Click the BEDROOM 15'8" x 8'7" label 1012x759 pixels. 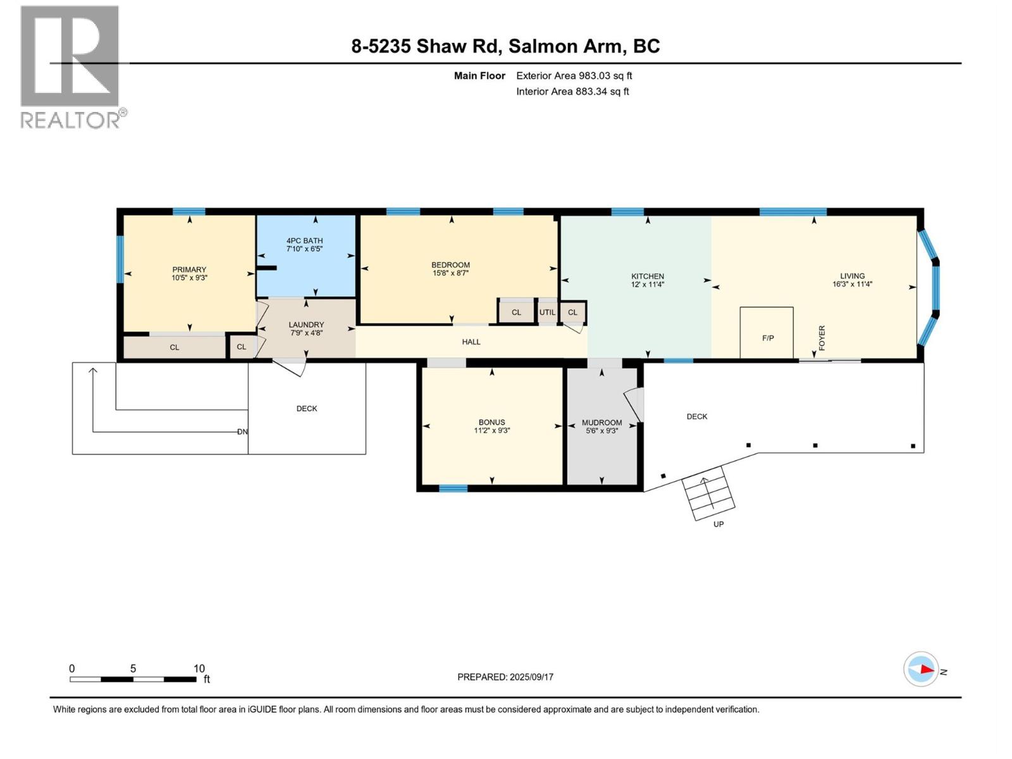(450, 269)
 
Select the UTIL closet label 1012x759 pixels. (547, 312)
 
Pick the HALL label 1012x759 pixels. (471, 342)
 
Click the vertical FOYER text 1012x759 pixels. (822, 338)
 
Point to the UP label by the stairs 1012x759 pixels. (718, 524)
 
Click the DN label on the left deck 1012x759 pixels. (242, 432)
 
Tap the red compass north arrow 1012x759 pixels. (927, 669)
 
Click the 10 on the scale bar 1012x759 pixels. (199, 669)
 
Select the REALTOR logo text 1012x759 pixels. (72, 120)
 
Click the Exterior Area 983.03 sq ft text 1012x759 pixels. (574, 76)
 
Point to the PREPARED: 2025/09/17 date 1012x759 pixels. (505, 677)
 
